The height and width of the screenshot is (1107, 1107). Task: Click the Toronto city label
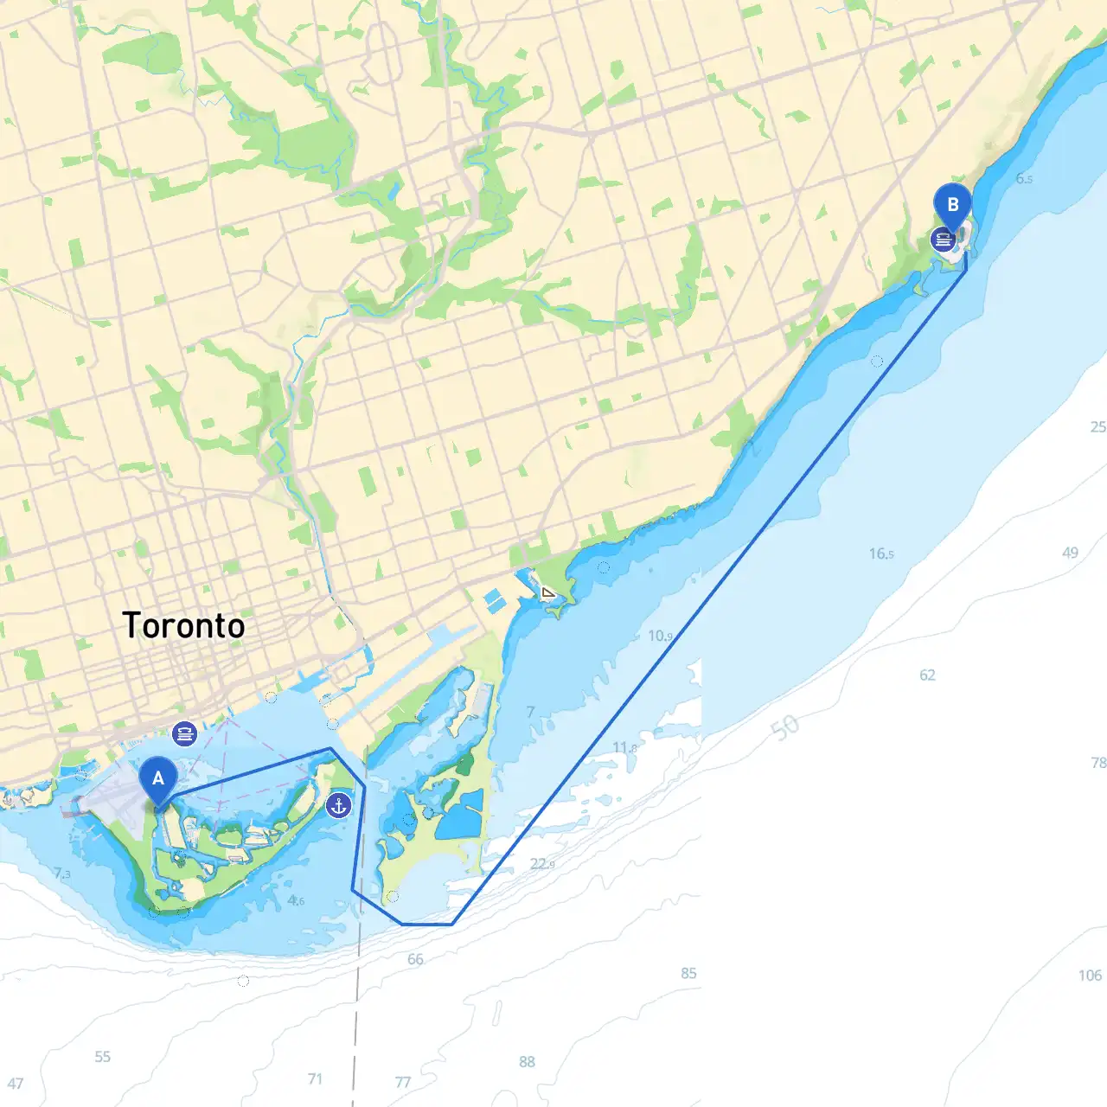coord(183,625)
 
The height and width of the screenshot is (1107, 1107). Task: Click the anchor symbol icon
coord(338,806)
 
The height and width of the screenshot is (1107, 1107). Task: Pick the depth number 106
coord(1090,976)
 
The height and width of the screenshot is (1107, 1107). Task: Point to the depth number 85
coord(688,973)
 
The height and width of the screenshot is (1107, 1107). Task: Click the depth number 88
coord(527,1061)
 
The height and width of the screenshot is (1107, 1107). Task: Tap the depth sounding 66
coord(415,959)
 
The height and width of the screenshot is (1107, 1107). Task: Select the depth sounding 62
coord(927,675)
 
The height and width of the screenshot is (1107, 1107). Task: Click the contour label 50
coord(784,726)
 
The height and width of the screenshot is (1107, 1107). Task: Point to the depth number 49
coord(1070,553)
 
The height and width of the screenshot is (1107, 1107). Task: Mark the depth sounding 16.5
coord(881,553)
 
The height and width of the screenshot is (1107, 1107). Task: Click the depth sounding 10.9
coord(660,636)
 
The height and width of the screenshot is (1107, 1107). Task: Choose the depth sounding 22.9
coord(542,863)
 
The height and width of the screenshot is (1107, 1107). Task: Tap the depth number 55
coord(102,1056)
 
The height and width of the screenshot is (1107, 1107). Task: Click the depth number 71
coord(315,1078)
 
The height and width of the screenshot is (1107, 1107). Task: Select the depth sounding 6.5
coord(1024,178)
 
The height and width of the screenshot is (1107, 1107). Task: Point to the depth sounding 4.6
coord(296,900)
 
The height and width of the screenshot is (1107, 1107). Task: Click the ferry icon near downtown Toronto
coord(184,734)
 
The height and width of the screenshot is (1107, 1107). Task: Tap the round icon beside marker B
coord(942,240)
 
